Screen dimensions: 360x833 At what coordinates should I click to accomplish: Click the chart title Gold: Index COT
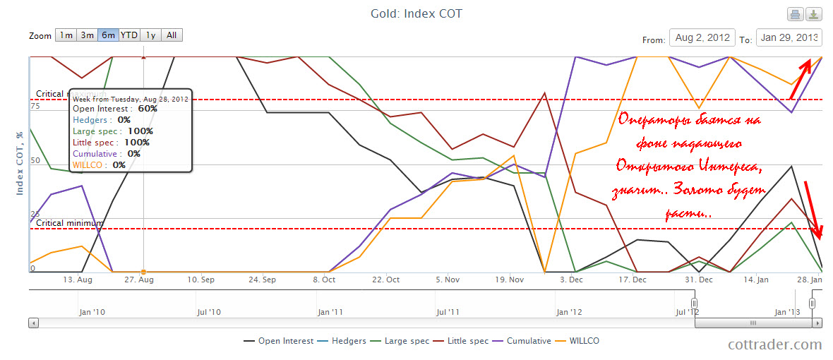pyautogui.click(x=416, y=14)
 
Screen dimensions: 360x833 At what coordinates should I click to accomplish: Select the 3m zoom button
pyautogui.click(x=87, y=35)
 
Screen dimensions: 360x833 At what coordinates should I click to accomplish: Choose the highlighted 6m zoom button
pyautogui.click(x=108, y=35)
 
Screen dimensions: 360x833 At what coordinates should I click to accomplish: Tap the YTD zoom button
pyautogui.click(x=129, y=35)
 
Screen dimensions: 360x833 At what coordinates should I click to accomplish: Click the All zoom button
pyautogui.click(x=172, y=35)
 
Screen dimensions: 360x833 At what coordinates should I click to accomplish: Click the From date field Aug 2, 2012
pyautogui.click(x=702, y=38)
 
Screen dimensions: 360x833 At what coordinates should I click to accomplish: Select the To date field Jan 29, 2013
pyautogui.click(x=789, y=38)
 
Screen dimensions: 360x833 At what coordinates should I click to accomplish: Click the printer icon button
pyautogui.click(x=795, y=14)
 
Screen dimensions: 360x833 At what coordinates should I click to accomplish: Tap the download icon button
pyautogui.click(x=814, y=14)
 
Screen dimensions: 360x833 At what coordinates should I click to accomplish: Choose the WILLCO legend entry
pyautogui.click(x=577, y=341)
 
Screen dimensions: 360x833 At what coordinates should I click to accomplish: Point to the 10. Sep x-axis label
pyautogui.click(x=202, y=280)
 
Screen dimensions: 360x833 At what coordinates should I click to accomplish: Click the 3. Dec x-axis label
pyautogui.click(x=571, y=280)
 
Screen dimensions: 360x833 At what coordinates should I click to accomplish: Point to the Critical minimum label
pyautogui.click(x=69, y=223)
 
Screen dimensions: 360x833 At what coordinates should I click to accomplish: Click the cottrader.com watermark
pyautogui.click(x=775, y=344)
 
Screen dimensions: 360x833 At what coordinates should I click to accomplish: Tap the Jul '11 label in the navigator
pyautogui.click(x=449, y=311)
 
